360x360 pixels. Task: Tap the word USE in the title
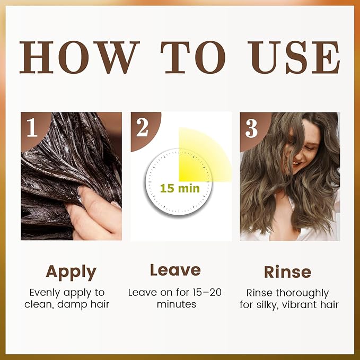294,57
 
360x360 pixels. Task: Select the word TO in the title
193,57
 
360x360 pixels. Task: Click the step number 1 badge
32,127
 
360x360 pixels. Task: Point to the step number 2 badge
142,128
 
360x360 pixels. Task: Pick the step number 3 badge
251,128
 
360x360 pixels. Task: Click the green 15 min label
180,189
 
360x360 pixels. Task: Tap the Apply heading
71,273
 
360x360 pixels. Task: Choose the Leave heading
175,270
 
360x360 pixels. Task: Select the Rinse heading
288,272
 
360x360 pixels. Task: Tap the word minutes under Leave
177,304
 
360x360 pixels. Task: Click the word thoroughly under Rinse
302,293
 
